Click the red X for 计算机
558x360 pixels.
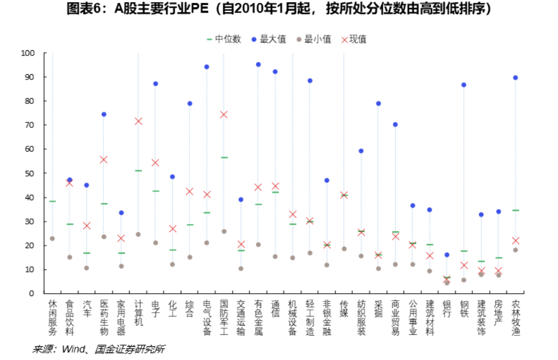click(x=138, y=121)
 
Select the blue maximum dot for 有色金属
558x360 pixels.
click(x=258, y=65)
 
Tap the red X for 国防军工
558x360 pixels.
click(x=224, y=114)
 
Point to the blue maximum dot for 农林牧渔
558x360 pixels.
click(x=515, y=78)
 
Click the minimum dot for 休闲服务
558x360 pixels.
click(x=52, y=238)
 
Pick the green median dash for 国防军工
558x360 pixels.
click(x=224, y=157)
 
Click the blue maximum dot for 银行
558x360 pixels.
click(x=447, y=254)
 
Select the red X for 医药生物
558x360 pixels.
click(x=103, y=159)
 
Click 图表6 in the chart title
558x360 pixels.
click(x=83, y=9)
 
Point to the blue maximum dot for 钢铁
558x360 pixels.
click(x=464, y=85)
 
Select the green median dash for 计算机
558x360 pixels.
click(x=138, y=171)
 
